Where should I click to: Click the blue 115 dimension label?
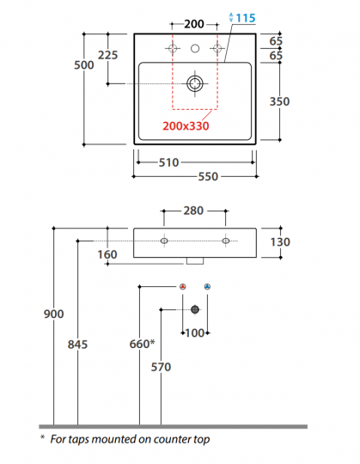(246, 18)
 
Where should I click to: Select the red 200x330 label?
(186, 126)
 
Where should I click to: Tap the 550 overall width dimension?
(208, 177)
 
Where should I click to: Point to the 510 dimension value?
(169, 162)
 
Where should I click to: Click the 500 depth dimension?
(84, 65)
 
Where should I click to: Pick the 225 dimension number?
(107, 55)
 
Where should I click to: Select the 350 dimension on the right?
(279, 101)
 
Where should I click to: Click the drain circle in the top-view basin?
(195, 83)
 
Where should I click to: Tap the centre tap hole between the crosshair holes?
(195, 48)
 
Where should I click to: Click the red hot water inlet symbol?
(183, 286)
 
